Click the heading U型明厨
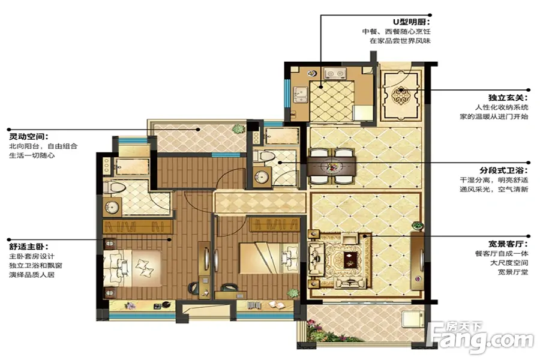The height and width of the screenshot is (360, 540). tap(412, 22)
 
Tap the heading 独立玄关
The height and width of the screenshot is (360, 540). tap(508, 98)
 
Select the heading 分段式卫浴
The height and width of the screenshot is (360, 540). tap(504, 170)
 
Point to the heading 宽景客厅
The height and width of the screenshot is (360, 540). tap(508, 244)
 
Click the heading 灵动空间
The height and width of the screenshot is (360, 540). tap(29, 137)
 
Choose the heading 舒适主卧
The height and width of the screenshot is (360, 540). tap(29, 247)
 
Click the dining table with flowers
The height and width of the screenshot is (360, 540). tap(332, 166)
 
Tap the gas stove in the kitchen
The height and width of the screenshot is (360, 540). tap(335, 73)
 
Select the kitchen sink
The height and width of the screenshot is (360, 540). tap(301, 94)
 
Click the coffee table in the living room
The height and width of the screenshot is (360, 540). tap(350, 259)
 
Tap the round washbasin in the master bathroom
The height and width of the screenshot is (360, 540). tap(112, 207)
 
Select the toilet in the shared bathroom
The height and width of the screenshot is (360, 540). tap(265, 156)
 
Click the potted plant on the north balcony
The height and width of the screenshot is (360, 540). tap(238, 129)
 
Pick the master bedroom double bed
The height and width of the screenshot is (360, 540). tap(132, 268)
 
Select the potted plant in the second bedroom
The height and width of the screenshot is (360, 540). tap(293, 293)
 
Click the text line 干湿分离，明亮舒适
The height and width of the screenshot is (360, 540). tap(494, 180)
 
